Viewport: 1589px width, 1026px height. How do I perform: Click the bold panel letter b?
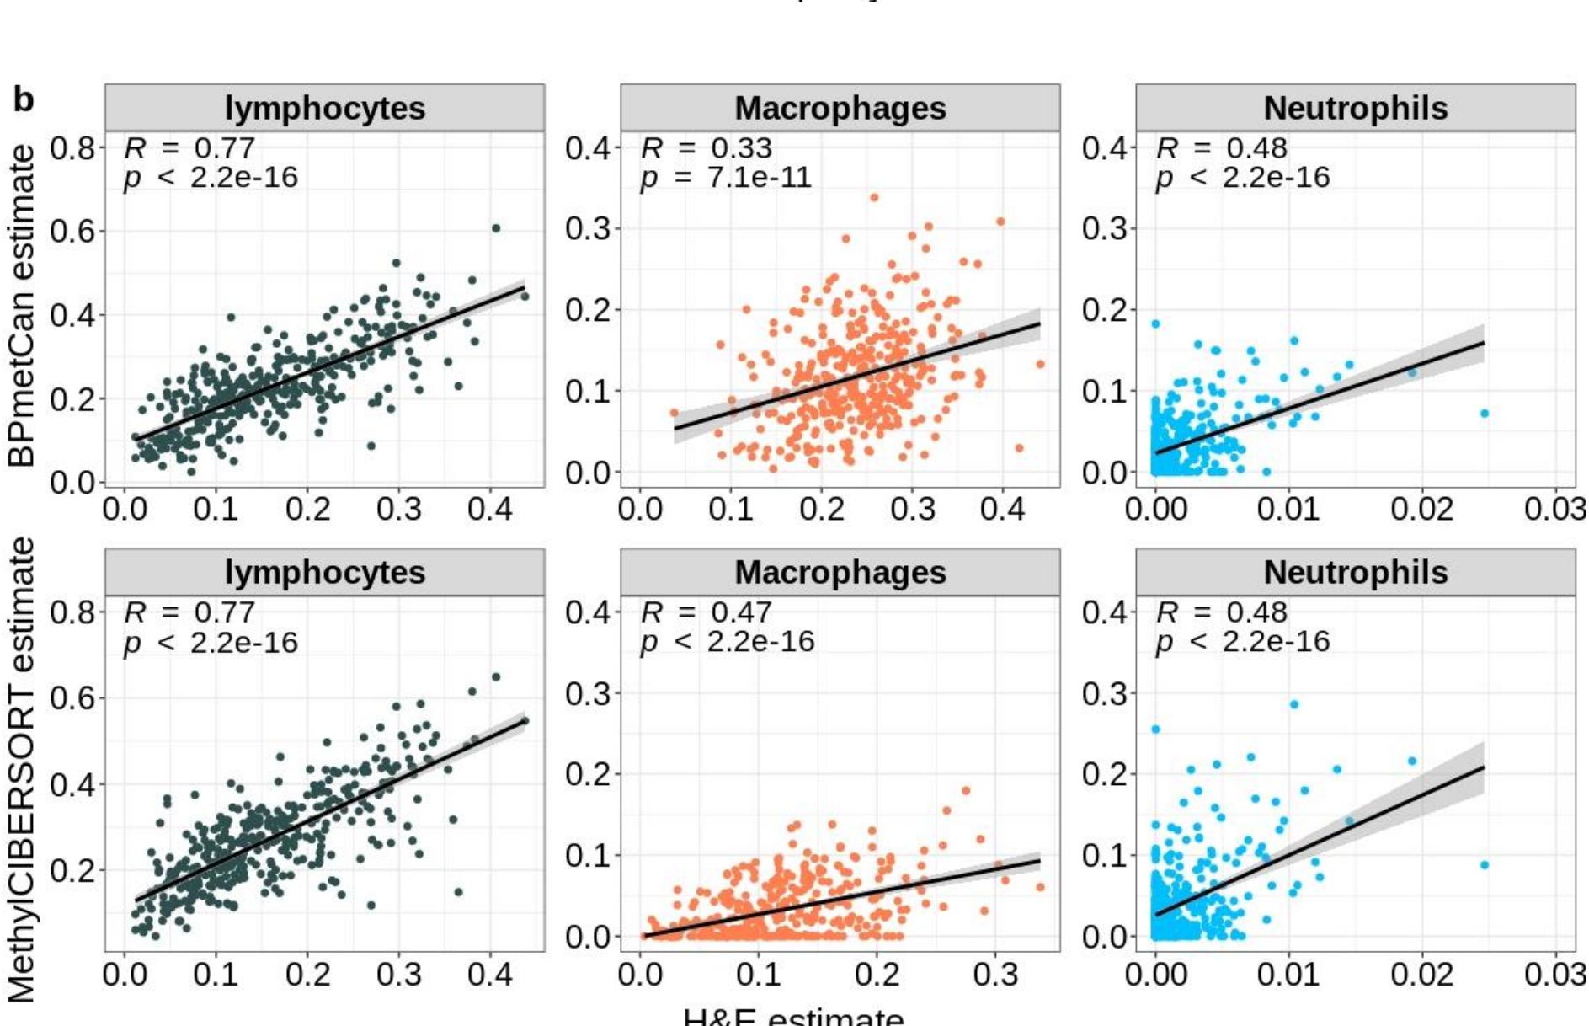coord(23,100)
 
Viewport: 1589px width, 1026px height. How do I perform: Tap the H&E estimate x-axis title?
coord(793,1017)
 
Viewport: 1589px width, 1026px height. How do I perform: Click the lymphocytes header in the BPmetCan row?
coord(324,108)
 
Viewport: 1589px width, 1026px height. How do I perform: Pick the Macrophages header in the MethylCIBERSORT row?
coord(840,573)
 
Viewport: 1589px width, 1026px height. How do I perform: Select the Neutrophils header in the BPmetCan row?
coord(1355,108)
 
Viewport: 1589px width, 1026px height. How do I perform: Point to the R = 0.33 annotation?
coord(706,148)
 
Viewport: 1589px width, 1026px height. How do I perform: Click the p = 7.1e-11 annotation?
coord(726,178)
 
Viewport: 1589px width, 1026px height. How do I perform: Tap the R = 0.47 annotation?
coord(706,612)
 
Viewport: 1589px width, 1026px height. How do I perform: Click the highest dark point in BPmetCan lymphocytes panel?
coord(496,228)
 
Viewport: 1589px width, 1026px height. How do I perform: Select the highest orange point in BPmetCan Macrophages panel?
coord(874,198)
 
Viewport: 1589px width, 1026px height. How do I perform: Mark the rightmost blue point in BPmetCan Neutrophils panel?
coord(1484,414)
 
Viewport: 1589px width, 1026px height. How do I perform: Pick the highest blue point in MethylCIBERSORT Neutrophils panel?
coord(1293,704)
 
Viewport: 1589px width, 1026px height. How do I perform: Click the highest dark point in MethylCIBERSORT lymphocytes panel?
coord(496,677)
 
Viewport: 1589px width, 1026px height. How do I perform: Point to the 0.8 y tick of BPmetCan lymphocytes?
coord(73,148)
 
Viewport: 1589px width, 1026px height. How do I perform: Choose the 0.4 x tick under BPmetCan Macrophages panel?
coord(1002,509)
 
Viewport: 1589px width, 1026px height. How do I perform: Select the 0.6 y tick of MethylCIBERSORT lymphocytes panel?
coord(73,697)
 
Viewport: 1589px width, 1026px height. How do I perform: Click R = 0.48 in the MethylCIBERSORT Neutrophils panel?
coord(1222,612)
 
